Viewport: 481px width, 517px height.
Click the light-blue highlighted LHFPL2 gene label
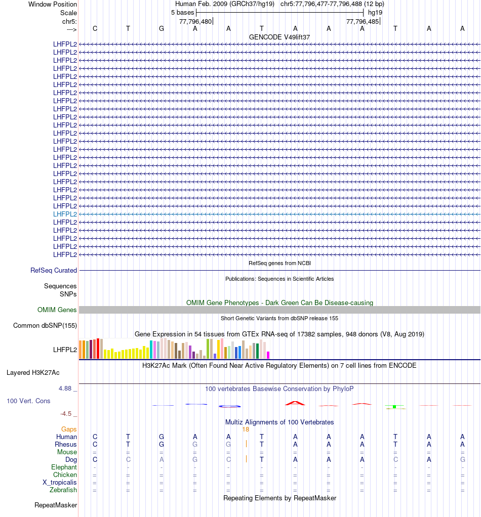65,214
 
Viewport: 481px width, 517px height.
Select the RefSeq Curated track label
54,271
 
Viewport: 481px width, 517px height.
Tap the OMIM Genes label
57,310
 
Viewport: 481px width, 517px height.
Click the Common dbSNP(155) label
45,326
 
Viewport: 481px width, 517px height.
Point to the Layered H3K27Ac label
33,373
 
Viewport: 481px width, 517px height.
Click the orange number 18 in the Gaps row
246,429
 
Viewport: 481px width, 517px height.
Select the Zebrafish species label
63,490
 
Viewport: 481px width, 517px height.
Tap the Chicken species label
65,475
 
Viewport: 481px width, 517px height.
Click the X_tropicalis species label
60,483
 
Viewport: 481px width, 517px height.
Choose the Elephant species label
64,467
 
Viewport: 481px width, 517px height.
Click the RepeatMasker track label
56,505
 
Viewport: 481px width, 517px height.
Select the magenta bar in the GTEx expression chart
268,355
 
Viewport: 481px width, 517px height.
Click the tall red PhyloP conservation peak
295,403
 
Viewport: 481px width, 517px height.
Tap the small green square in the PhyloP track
394,407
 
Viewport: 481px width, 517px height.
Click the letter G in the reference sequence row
162,29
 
